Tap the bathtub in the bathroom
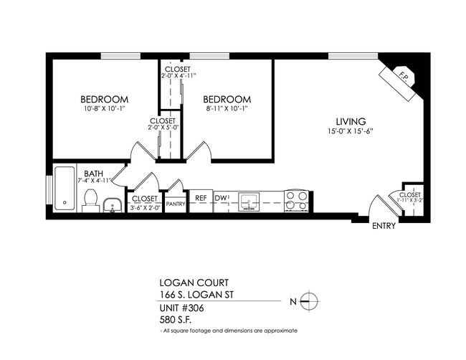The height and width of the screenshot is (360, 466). [65, 189]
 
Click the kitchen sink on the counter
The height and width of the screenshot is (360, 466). [249, 200]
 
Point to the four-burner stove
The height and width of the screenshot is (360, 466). [296, 200]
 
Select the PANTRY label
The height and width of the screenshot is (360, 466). [176, 204]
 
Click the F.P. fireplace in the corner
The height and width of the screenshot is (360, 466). [403, 77]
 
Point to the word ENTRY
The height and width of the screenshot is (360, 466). [384, 227]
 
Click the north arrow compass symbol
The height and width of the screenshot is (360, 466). [309, 301]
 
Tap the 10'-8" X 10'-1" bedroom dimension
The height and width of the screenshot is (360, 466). [104, 109]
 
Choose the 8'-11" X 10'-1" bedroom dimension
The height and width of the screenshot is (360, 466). [227, 109]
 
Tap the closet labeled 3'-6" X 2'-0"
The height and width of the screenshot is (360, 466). [145, 202]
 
